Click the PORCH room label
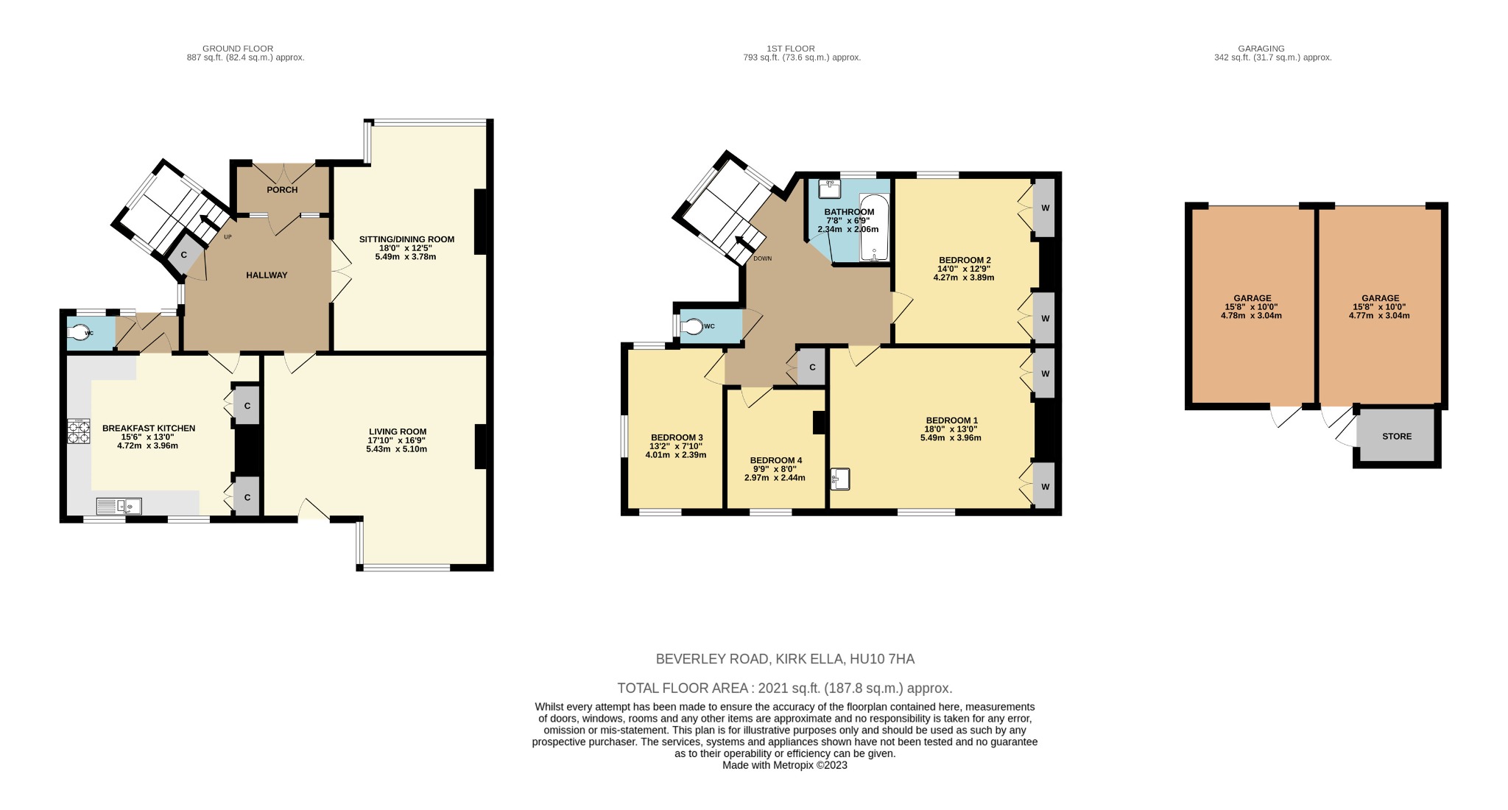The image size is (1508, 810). (x=282, y=190)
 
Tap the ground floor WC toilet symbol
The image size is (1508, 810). (x=78, y=333)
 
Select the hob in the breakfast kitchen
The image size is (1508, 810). (x=79, y=432)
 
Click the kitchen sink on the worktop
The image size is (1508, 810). (x=119, y=506)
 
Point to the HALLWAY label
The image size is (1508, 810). (x=267, y=275)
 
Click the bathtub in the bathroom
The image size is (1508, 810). (x=874, y=228)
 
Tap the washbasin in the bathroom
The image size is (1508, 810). (x=830, y=189)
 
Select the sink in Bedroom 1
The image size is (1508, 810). (x=840, y=479)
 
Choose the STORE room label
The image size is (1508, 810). (x=1397, y=437)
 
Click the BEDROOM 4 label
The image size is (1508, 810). (x=775, y=460)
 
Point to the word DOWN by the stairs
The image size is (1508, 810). (x=763, y=259)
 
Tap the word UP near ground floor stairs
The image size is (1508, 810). (x=228, y=237)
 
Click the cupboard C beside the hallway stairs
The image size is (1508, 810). (x=184, y=255)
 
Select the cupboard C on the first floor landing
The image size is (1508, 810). (x=812, y=367)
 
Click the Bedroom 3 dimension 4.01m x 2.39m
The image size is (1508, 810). (x=675, y=455)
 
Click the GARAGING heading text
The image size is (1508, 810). (x=1272, y=49)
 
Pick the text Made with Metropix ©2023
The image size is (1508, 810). (x=784, y=765)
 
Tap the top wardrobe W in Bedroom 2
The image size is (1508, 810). (x=1045, y=208)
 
